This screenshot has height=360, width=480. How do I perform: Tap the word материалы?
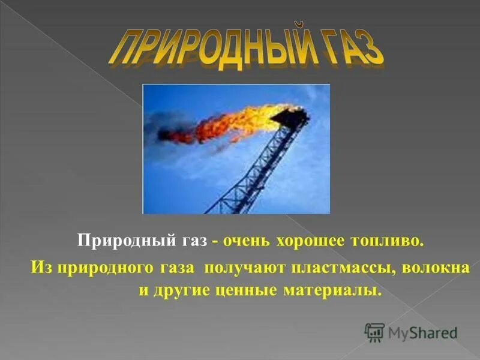coord(334,290)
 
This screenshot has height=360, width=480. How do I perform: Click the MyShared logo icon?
coord(374,331)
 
